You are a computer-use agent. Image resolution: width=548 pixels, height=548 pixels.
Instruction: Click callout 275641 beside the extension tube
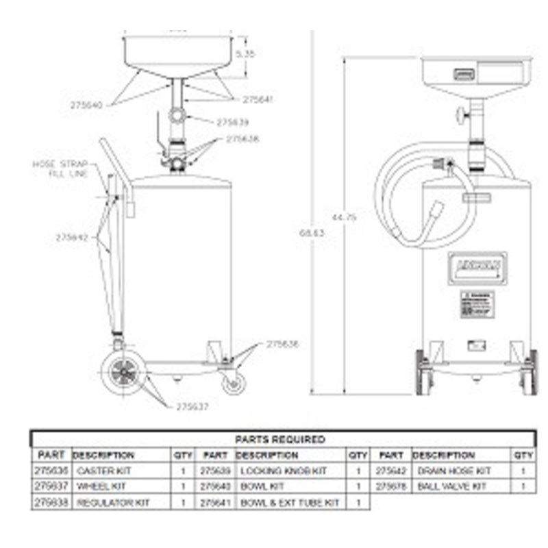(x=258, y=99)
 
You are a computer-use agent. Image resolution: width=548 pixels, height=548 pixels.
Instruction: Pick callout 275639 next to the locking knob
(x=232, y=123)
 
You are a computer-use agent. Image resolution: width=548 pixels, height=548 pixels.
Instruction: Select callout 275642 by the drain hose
(x=72, y=238)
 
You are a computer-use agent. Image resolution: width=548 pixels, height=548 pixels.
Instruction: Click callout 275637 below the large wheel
(x=192, y=406)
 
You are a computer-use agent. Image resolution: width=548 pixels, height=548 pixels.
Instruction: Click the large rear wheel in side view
(x=123, y=373)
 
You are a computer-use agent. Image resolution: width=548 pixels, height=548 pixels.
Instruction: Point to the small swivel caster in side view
(x=233, y=383)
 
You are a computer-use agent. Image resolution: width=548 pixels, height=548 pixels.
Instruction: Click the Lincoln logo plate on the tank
(x=475, y=266)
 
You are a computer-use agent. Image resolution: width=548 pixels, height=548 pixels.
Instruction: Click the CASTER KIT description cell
(x=103, y=471)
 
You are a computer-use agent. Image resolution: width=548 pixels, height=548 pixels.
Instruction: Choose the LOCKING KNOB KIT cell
(x=283, y=471)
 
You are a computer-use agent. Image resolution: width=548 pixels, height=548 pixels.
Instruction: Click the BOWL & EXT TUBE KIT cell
(x=289, y=502)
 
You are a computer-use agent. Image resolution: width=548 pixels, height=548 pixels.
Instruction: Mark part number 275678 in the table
(x=391, y=486)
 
